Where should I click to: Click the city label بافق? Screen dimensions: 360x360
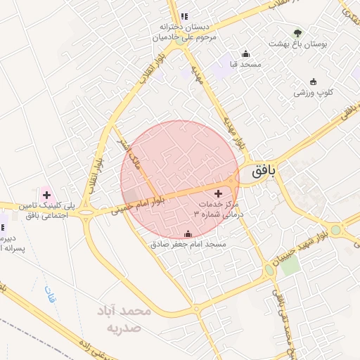pos(260,169)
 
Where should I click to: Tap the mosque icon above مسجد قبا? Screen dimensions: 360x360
pos(245,53)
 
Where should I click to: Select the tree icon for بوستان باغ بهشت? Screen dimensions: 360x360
pos(298,32)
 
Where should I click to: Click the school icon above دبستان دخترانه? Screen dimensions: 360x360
pos(184,16)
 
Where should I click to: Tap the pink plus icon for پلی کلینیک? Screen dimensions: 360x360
pos(46,193)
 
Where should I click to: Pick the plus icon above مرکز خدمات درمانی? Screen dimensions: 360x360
pos(218,193)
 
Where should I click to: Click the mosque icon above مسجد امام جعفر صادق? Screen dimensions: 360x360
pos(187,234)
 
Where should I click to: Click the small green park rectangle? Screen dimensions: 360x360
pos(290,265)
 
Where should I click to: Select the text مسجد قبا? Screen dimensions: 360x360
pos(245,64)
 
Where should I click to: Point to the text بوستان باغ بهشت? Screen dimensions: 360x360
pos(298,44)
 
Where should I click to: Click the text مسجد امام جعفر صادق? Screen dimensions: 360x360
pos(187,245)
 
